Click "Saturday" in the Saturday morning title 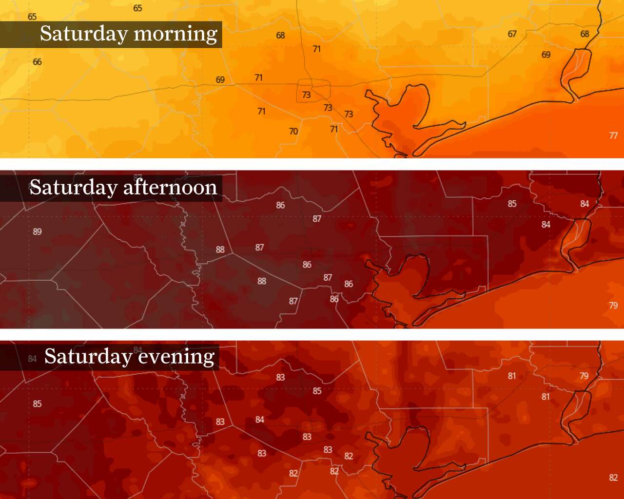point(84,34)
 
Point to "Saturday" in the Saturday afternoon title point(73,188)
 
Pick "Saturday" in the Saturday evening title point(88,357)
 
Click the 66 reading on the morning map point(37,62)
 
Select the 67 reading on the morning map point(512,34)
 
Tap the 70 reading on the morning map point(293,132)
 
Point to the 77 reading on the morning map point(613,136)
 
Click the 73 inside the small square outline point(306,95)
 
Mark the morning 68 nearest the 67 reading point(585,34)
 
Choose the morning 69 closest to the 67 point(546,55)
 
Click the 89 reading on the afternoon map point(37,232)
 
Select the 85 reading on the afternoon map point(512,204)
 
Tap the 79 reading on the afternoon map point(613,306)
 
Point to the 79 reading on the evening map point(584,376)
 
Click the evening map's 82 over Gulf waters point(613,478)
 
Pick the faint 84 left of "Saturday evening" point(32,359)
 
